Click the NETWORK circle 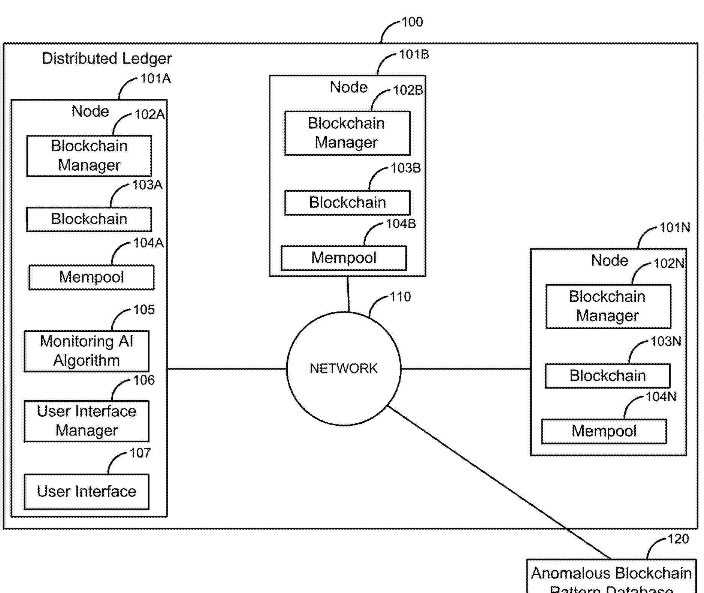click(x=344, y=368)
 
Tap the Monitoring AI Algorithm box click(x=87, y=351)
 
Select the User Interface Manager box click(x=87, y=421)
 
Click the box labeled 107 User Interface click(x=87, y=492)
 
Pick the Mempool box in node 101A click(x=91, y=277)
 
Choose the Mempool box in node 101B click(x=344, y=258)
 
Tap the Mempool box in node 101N click(x=604, y=431)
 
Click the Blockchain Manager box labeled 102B click(x=347, y=133)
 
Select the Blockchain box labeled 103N click(x=607, y=376)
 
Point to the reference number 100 click(x=412, y=22)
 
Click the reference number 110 click(x=400, y=297)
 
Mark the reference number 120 click(x=678, y=539)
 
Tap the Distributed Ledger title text click(x=107, y=58)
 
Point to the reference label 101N click(x=674, y=228)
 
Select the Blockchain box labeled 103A click(x=89, y=219)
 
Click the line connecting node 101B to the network click(x=348, y=294)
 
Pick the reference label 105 click(x=144, y=310)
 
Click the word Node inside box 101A click(x=90, y=111)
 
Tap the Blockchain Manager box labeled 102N click(x=608, y=306)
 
